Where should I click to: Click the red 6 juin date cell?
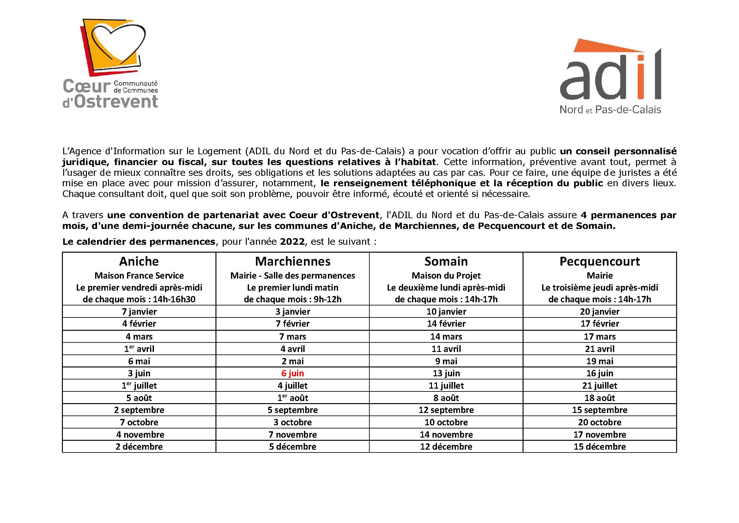click(292, 373)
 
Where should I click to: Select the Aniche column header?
click(139, 261)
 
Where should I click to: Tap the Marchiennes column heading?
click(292, 261)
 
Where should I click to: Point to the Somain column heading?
click(446, 261)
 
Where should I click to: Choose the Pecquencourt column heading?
click(599, 261)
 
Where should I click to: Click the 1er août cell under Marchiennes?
click(292, 398)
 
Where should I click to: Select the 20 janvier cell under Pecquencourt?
click(599, 311)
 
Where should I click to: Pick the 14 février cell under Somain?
click(446, 323)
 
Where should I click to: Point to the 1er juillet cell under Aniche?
click(139, 385)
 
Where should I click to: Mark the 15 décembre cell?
click(599, 446)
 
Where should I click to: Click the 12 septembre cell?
click(446, 410)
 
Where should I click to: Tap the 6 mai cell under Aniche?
click(139, 361)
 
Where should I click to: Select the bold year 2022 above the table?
click(292, 242)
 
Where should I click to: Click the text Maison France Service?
click(139, 276)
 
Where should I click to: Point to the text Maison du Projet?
click(446, 276)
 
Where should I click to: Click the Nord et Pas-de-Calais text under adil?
click(610, 110)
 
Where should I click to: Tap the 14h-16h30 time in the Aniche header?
click(174, 299)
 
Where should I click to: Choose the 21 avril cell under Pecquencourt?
click(599, 349)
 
